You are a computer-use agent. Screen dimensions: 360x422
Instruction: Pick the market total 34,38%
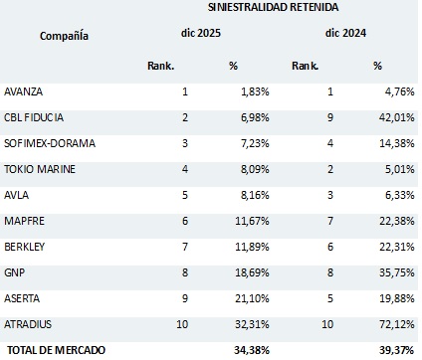click(x=252, y=350)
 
